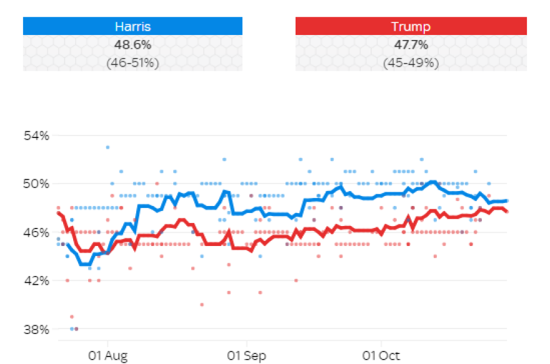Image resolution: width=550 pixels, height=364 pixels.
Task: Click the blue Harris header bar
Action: [x=132, y=26]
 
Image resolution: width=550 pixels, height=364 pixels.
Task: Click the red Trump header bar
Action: [x=411, y=26]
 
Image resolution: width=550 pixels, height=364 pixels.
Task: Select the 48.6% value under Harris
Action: [x=132, y=45]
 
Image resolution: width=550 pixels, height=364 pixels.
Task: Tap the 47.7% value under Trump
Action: [x=411, y=45]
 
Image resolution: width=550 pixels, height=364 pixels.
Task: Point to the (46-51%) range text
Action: [x=132, y=62]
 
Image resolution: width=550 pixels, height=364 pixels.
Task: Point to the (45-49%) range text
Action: [x=411, y=62]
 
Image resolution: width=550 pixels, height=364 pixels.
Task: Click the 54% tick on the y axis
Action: [x=37, y=135]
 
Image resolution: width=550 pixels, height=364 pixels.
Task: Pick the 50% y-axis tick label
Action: [x=37, y=184]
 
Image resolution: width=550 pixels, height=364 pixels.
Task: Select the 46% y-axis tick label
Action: [x=37, y=232]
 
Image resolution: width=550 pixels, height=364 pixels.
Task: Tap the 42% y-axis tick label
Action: [x=37, y=280]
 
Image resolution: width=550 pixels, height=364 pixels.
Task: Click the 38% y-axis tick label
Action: [x=37, y=329]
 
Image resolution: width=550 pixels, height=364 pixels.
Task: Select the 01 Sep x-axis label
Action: [x=246, y=356]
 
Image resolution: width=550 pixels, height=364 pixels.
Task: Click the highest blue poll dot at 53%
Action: [x=107, y=147]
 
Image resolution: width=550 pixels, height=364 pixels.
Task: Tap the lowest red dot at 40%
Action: [x=202, y=305]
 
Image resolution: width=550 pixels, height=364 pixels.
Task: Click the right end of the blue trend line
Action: [x=506, y=200]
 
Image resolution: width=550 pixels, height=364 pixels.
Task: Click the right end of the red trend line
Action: [x=506, y=212]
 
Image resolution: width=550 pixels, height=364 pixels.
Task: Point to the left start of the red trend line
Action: [x=58, y=213]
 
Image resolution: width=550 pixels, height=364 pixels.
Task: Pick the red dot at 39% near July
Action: [x=72, y=317]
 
